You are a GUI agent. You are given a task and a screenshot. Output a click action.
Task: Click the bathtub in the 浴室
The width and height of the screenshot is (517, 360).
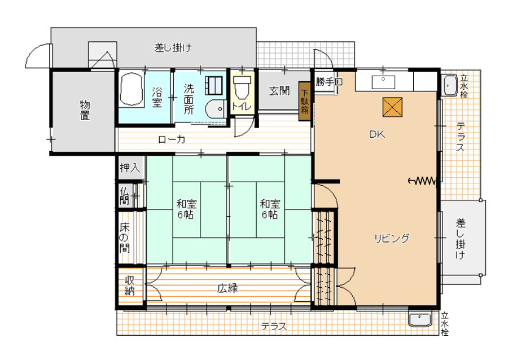pos(132,89)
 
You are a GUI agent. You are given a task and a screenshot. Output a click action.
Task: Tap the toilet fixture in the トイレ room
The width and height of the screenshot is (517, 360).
pos(242,87)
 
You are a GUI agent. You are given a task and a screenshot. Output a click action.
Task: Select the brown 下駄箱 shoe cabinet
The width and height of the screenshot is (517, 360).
pos(305,101)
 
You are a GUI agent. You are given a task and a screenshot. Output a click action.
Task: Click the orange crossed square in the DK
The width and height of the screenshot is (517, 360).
pos(392,107)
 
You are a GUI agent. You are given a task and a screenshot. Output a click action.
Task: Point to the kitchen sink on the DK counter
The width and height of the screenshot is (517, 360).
pos(383,82)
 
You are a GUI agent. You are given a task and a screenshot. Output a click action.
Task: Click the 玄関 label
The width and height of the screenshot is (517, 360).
pos(279,90)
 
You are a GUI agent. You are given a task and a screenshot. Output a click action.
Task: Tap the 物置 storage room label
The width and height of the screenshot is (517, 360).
pos(85,111)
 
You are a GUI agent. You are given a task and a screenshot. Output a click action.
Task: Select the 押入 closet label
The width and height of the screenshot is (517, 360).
pos(130,168)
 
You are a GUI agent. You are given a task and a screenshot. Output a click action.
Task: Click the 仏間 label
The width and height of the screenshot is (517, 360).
pos(124,196)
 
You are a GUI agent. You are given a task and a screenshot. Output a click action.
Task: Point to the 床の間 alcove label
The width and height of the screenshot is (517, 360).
pos(125,238)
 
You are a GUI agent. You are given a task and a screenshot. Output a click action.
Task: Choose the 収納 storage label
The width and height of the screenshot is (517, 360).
pos(130,286)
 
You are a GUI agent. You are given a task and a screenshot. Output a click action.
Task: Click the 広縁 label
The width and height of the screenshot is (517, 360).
pos(228,288)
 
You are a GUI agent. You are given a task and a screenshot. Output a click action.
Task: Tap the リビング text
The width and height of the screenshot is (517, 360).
pos(392,238)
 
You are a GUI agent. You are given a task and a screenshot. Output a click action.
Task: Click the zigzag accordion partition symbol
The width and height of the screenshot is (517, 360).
pos(422,181)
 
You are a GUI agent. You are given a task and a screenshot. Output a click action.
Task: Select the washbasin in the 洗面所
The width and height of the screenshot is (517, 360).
pos(214,108)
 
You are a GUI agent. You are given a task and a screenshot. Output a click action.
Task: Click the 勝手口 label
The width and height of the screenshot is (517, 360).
pos(328,81)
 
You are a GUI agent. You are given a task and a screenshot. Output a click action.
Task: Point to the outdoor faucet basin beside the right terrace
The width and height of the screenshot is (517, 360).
pos(449,86)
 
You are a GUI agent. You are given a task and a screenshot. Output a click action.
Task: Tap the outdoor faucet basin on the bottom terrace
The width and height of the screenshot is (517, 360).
pos(420,319)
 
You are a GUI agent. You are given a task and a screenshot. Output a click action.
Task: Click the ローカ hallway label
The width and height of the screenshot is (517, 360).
pos(172,139)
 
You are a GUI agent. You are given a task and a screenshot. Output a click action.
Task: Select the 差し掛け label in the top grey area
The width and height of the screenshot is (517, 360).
pos(173,48)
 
